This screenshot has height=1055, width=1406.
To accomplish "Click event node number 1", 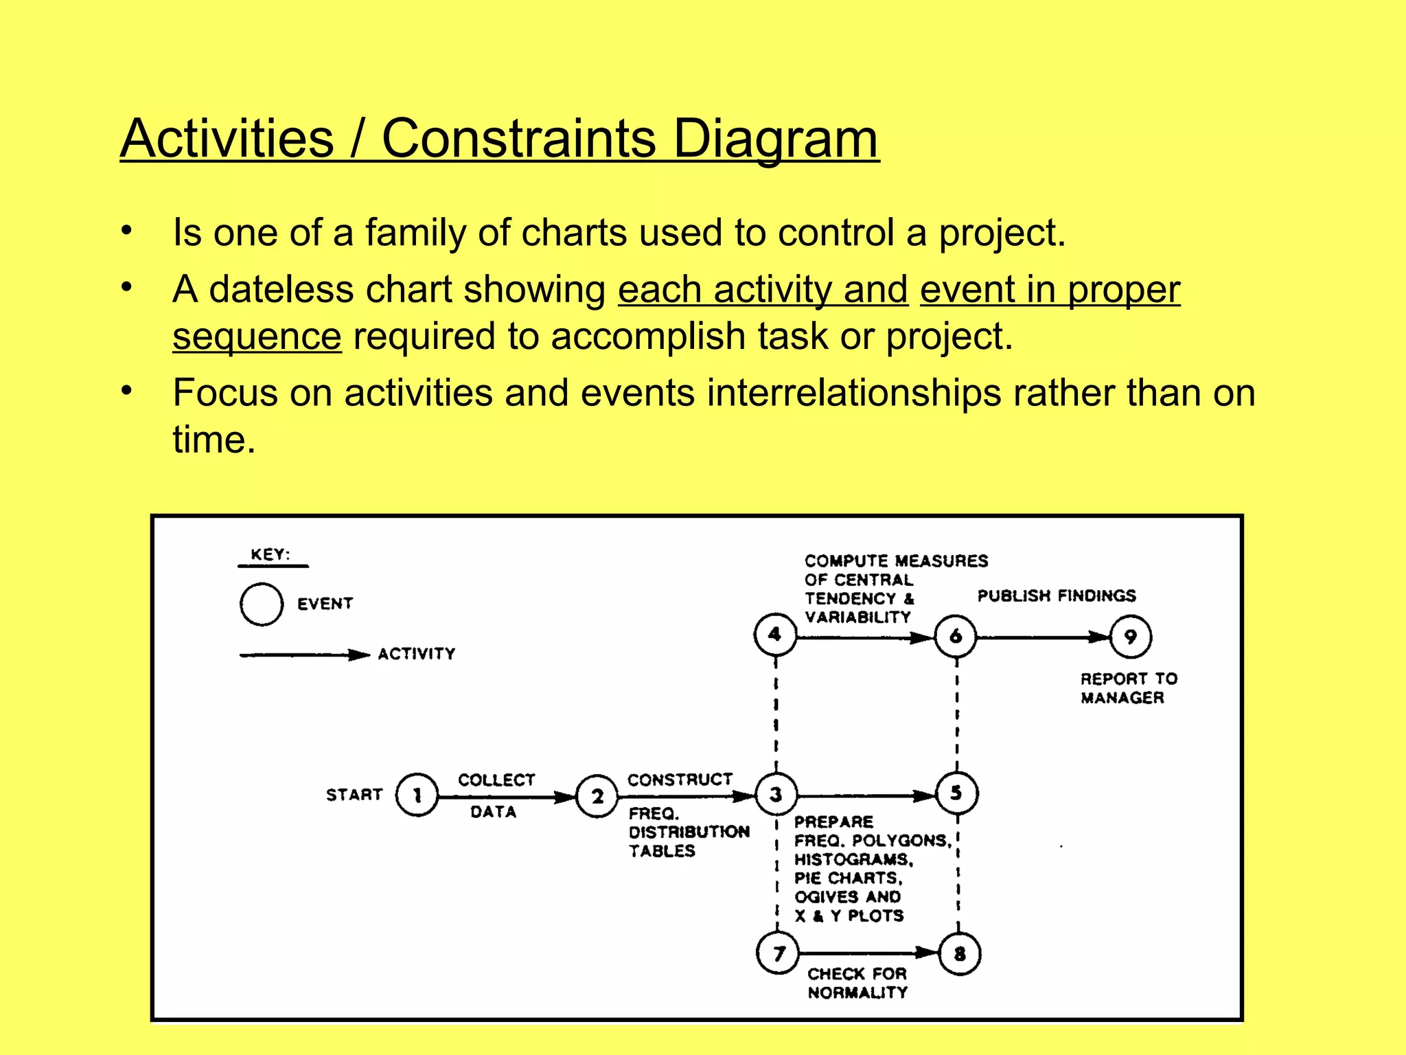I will coord(417,795).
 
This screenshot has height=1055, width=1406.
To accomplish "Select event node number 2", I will coord(597,796).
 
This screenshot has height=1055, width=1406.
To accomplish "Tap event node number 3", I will coord(776,794).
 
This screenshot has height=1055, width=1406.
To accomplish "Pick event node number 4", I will coord(775,635).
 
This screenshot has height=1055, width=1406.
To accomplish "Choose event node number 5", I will coord(956,793).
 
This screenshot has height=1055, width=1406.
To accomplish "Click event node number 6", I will coord(956,636).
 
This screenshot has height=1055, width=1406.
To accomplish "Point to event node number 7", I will coord(778,953).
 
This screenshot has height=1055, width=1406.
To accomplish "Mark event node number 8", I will coord(959,953).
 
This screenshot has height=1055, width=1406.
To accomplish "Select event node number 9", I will coord(1130,637).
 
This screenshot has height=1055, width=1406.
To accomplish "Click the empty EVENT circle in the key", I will coord(262,604).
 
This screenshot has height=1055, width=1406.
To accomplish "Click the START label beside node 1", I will coord(354,795).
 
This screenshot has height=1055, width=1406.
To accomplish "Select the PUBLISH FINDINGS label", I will coord(1057,595).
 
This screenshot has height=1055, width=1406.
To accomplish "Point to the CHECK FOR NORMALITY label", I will coord(857,983).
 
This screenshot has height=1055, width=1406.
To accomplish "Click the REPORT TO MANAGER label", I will coord(1128,688).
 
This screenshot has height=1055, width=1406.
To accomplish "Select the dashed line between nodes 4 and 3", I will coord(776,714).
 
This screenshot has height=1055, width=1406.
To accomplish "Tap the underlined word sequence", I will coord(257,337).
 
